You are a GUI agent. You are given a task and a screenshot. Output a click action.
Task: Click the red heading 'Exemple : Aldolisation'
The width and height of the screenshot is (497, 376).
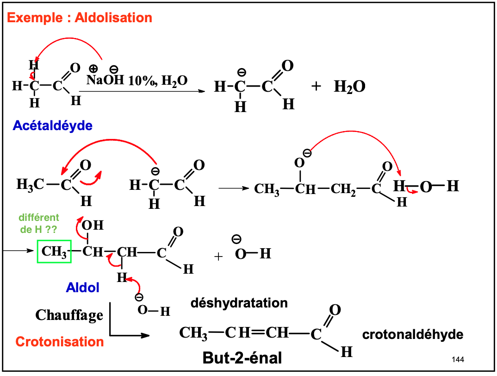[x=80, y=18]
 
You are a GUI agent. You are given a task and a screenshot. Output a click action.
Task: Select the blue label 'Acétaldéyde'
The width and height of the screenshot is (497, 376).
[x=52, y=125]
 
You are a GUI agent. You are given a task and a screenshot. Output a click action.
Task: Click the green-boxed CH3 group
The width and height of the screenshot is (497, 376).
[x=54, y=252]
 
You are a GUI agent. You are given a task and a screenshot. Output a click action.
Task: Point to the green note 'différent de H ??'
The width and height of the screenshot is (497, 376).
[x=39, y=223]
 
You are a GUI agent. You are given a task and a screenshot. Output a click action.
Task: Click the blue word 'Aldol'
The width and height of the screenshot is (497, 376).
[x=82, y=288]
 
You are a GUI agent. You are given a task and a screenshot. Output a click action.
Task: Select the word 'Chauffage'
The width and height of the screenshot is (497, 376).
[x=69, y=315]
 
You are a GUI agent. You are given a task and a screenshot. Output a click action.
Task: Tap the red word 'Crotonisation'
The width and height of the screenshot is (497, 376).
[x=60, y=342]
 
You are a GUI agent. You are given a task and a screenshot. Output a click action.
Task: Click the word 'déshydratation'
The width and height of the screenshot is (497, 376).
[x=239, y=303]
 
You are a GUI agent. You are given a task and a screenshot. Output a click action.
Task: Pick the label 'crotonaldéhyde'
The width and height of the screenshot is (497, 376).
[x=412, y=334]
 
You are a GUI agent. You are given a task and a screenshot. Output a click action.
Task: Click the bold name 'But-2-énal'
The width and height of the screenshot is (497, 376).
[x=242, y=358]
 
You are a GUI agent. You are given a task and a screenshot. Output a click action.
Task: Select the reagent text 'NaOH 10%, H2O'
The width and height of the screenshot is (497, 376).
[x=137, y=81]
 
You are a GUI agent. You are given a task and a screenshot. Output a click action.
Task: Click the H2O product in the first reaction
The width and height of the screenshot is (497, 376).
[x=349, y=87]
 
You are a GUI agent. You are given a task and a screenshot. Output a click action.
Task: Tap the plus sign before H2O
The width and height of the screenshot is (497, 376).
[x=316, y=86]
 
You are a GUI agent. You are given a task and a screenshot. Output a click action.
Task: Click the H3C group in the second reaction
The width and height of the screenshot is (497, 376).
[x=30, y=185]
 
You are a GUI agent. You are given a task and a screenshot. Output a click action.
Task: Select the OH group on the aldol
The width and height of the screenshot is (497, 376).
[x=93, y=226]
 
